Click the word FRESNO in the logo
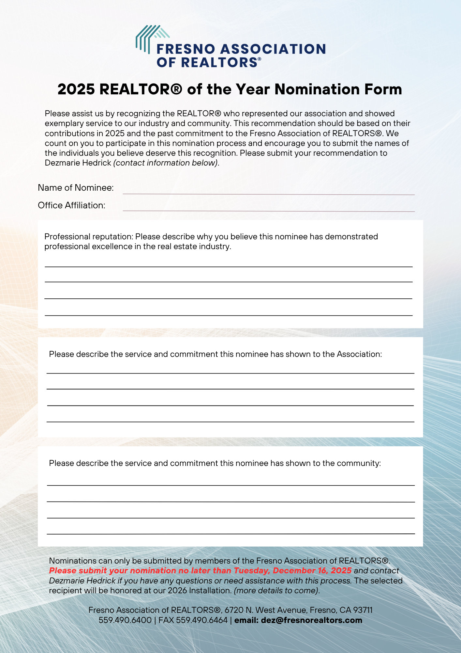pyautogui.click(x=186, y=49)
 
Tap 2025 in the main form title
pyautogui.click(x=76, y=89)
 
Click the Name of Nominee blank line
pyautogui.click(x=269, y=191)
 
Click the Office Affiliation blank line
pyautogui.click(x=269, y=208)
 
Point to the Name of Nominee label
pyautogui.click(x=76, y=188)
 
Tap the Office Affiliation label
pyautogui.click(x=71, y=205)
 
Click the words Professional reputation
pyautogui.click(x=89, y=237)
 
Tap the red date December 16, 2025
pyautogui.click(x=312, y=571)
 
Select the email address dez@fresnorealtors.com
pyautogui.click(x=311, y=620)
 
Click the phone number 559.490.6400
pyautogui.click(x=125, y=620)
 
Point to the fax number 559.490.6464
pyautogui.click(x=201, y=620)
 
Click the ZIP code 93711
pyautogui.click(x=363, y=610)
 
